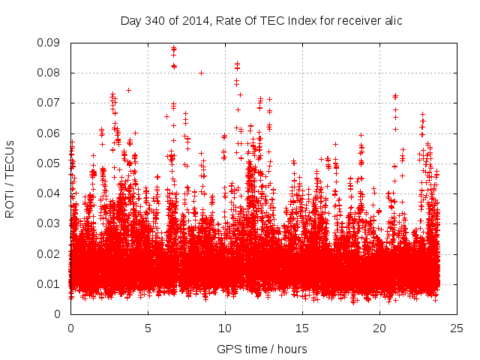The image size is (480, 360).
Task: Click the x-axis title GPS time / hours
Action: (262, 349)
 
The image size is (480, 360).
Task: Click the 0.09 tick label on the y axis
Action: (52, 43)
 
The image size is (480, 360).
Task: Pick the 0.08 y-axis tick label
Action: (52, 73)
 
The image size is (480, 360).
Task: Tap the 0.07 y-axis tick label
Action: (52, 103)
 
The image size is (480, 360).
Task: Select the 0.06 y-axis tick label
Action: (52, 133)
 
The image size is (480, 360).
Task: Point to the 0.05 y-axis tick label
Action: (52, 163)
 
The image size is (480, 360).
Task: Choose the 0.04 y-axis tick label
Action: (52, 193)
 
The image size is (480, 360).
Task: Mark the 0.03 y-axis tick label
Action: (52, 223)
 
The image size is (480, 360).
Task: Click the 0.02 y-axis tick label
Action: (52, 253)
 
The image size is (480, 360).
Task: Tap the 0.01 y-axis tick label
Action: (52, 283)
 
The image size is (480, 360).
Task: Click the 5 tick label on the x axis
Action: (148, 328)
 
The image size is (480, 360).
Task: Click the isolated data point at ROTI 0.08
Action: (201, 73)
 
